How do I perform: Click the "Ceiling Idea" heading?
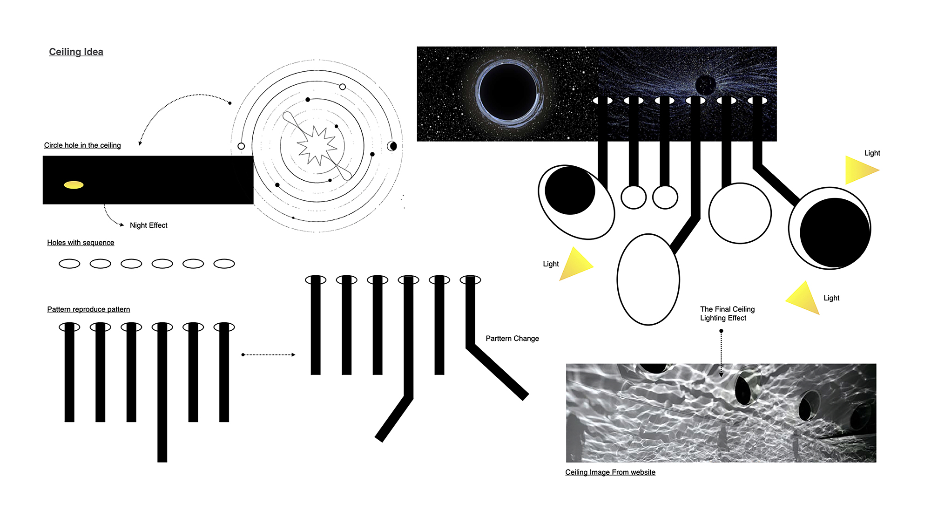coord(76,52)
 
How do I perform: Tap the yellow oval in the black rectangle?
coord(74,185)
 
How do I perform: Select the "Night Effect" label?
coord(148,225)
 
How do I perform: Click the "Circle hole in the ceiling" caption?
coord(82,145)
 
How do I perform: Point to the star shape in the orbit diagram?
coord(317,146)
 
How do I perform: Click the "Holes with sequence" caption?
coord(81,243)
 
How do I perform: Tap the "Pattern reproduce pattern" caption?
coord(88,309)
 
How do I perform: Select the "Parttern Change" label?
coord(512,339)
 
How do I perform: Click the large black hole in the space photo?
coord(508,91)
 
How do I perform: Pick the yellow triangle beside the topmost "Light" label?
coord(860,170)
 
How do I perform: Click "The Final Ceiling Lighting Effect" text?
coord(727,313)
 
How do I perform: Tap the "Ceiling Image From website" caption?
coord(610,472)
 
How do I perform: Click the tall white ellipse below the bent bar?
coord(648,279)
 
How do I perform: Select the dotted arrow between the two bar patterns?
coord(268,355)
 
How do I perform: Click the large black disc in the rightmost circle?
coord(835,232)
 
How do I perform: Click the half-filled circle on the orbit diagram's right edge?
coord(392,146)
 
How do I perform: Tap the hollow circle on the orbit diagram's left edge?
coord(241,146)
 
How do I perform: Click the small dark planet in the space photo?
coord(705,85)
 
